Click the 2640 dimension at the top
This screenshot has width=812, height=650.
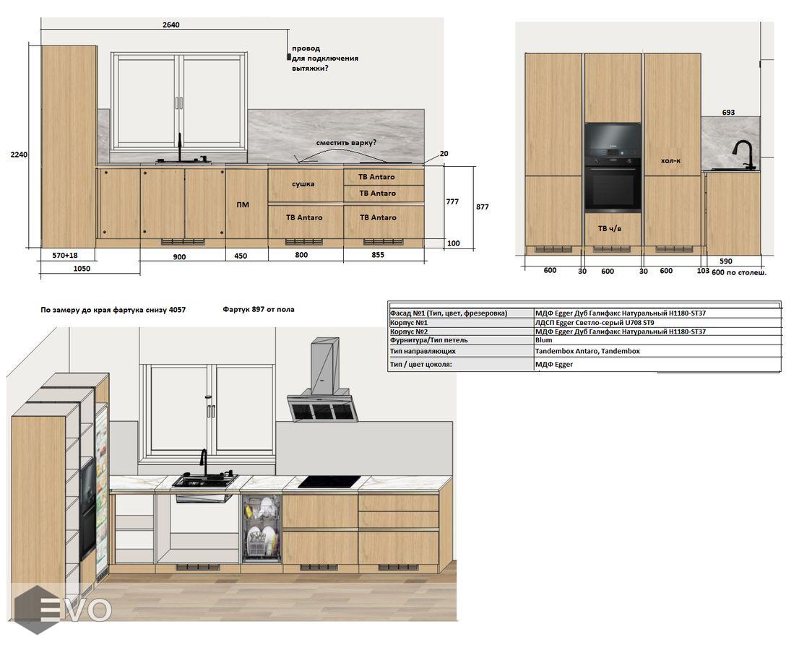171,25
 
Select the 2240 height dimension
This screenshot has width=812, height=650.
20,155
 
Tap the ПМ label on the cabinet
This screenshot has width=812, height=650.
243,205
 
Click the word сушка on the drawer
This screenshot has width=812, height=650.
303,183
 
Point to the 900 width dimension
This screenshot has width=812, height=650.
179,256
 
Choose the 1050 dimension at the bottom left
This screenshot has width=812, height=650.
82,269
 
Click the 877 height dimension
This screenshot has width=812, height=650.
482,207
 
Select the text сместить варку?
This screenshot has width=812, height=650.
347,142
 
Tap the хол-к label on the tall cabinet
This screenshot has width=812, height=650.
670,161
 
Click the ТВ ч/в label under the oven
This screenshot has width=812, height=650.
610,228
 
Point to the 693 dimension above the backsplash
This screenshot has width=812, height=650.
728,112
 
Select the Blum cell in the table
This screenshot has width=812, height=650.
544,340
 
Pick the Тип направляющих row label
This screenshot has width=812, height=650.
423,351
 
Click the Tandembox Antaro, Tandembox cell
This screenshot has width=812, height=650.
587,351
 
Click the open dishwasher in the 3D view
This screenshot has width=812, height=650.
262,528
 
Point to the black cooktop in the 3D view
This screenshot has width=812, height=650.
329,482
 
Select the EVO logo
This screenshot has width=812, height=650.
62,609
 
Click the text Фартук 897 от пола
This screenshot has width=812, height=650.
259,310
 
